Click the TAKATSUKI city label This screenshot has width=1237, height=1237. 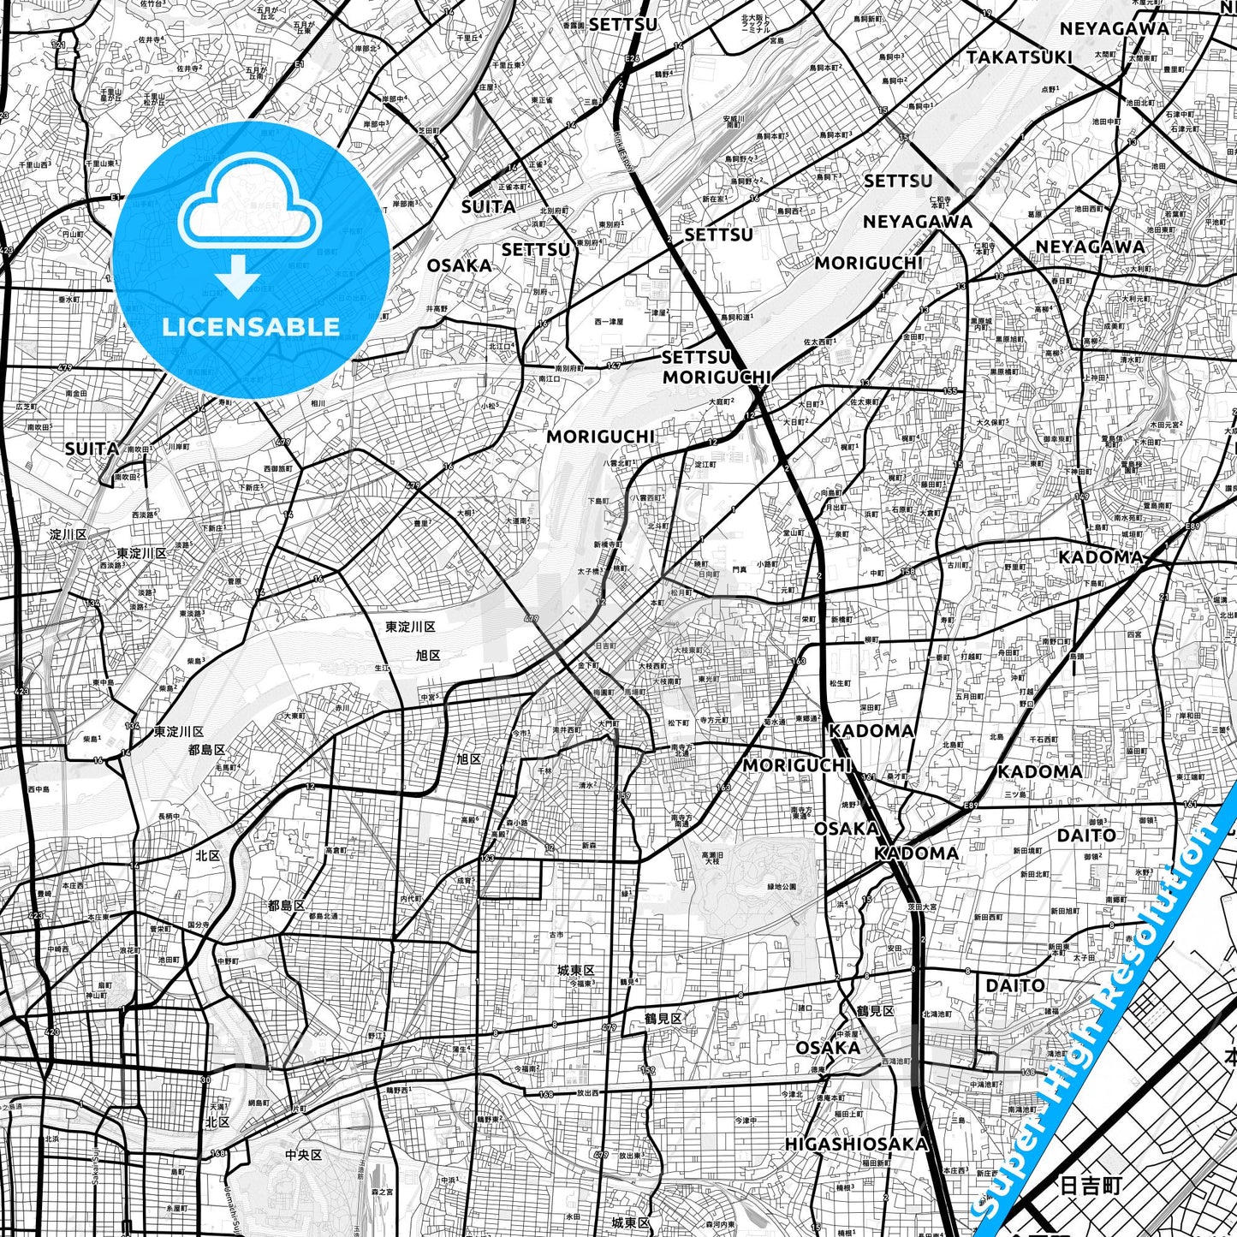tap(1019, 57)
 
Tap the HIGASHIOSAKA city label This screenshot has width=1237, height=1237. tap(856, 1144)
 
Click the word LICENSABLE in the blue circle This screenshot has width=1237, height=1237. tap(251, 326)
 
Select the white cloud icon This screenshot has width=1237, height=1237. tap(249, 202)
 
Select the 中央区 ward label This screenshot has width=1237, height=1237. tap(303, 1155)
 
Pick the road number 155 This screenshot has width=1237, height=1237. tap(950, 391)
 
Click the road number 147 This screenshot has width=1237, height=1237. tap(613, 366)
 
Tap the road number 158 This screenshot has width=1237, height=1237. tap(907, 572)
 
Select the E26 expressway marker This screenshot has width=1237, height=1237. tap(632, 58)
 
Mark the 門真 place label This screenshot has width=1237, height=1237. tap(740, 568)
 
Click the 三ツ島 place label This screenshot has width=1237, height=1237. tap(1016, 794)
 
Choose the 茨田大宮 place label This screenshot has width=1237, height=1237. tap(925, 907)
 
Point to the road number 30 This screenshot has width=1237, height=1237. tap(205, 1080)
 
